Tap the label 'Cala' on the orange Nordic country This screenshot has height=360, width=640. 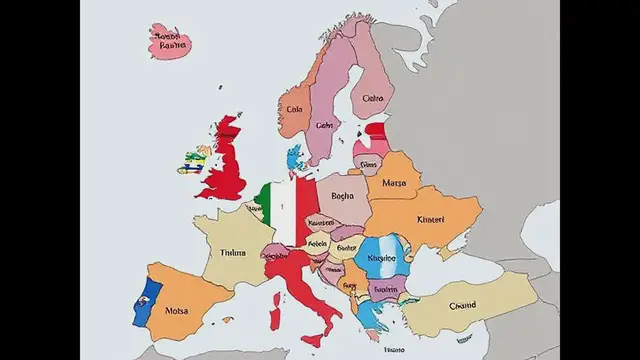click(294, 109)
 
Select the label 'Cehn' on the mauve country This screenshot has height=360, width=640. click(324, 126)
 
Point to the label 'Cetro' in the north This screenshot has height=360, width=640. click(371, 99)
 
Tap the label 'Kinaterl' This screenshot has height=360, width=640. click(431, 219)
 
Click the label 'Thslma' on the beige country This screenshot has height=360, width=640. click(231, 253)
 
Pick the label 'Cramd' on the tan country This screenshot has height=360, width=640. click(463, 306)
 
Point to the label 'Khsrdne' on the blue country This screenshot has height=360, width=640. click(382, 257)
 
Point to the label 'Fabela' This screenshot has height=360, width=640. click(318, 242)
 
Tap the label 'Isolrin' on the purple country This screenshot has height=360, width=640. click(385, 290)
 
